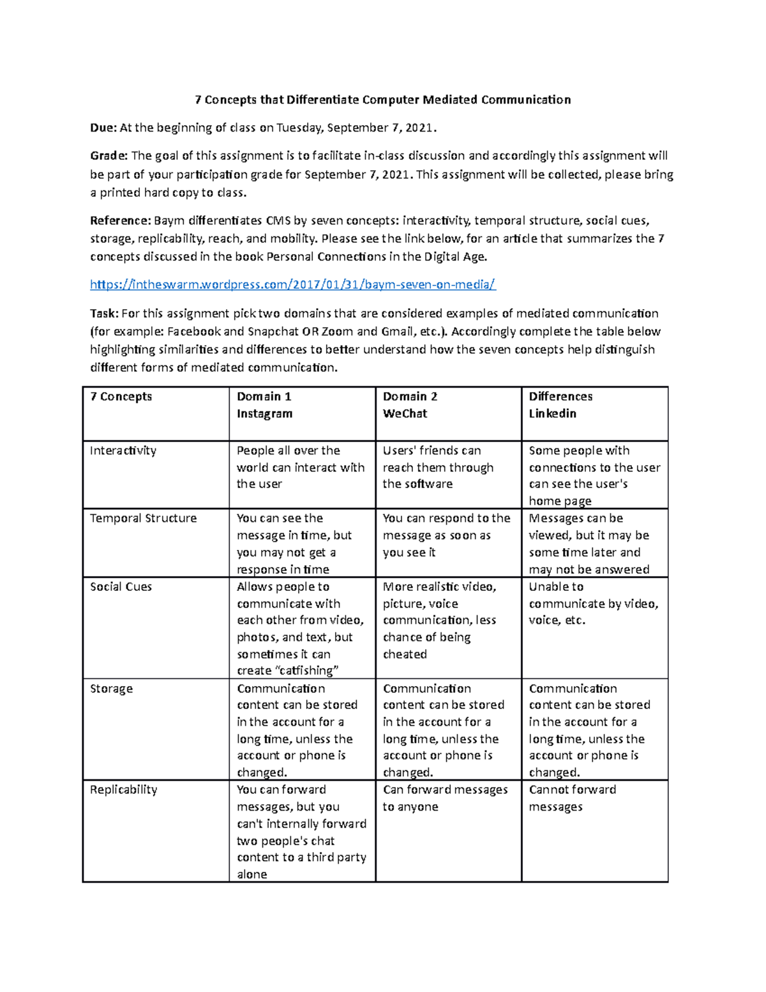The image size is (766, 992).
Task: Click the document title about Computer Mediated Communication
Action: (382, 100)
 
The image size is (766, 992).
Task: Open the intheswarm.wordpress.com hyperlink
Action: (292, 284)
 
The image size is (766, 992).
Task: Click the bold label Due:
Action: (103, 128)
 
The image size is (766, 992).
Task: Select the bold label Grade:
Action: (109, 156)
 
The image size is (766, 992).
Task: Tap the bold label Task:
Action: (104, 314)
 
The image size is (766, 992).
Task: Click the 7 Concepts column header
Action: (121, 397)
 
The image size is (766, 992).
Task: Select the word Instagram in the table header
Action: (264, 414)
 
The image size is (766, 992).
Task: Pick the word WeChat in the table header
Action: (405, 414)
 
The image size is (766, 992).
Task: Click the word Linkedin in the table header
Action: (552, 414)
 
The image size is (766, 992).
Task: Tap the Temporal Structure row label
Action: (144, 519)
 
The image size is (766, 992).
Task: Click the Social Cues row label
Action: (121, 587)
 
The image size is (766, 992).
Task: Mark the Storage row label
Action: (111, 689)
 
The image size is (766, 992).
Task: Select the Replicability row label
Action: (123, 790)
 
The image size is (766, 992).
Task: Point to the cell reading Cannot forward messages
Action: (572, 798)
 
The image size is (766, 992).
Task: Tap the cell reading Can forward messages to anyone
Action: (445, 798)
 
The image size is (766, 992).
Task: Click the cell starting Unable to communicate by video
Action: (593, 604)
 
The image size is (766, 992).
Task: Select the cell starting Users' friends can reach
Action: (438, 468)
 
